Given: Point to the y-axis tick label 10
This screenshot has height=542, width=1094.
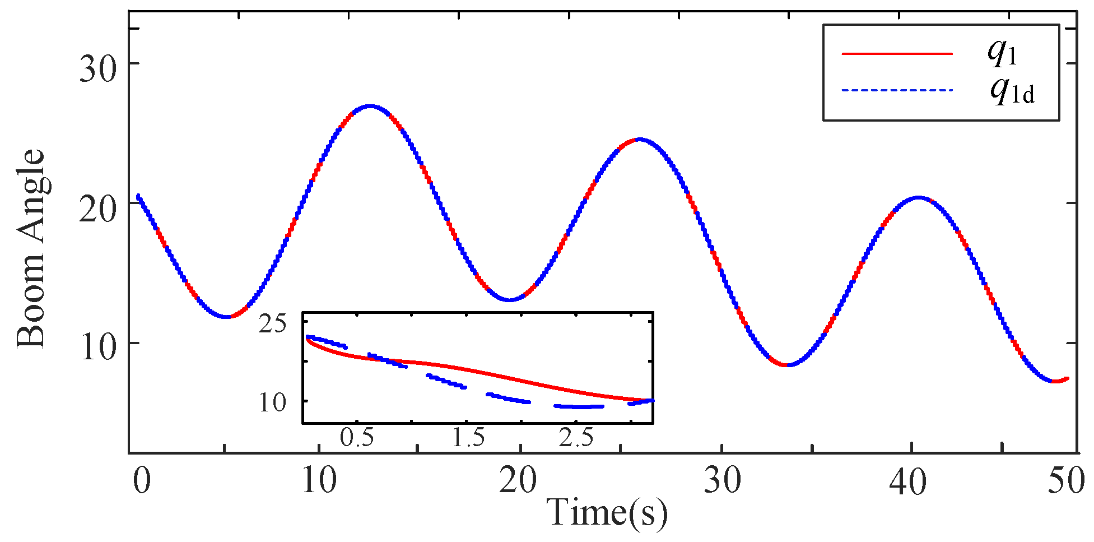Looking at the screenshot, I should pyautogui.click(x=96, y=347).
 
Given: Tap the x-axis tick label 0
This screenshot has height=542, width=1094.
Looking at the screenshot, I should pyautogui.click(x=142, y=481).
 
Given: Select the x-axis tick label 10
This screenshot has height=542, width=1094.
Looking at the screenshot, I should pyautogui.click(x=319, y=481).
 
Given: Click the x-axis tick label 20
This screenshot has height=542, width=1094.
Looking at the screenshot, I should pyautogui.click(x=518, y=481).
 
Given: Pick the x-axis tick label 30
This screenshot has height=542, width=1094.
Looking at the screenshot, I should pyautogui.click(x=722, y=481).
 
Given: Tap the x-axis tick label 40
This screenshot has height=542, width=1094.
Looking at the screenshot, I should pyautogui.click(x=908, y=481).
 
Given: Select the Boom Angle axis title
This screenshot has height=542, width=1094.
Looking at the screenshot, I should pyautogui.click(x=31, y=249).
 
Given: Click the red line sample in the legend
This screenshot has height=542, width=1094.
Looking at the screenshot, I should pyautogui.click(x=897, y=54).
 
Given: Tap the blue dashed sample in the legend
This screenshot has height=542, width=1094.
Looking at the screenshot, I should pyautogui.click(x=897, y=90).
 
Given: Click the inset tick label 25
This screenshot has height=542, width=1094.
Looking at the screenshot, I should pyautogui.click(x=273, y=325).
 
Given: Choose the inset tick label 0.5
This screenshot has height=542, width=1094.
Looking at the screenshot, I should pyautogui.click(x=357, y=438).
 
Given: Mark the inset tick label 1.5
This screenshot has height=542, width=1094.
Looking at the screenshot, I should pyautogui.click(x=468, y=438).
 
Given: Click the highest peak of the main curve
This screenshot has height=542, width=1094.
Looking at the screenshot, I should pyautogui.click(x=370, y=105).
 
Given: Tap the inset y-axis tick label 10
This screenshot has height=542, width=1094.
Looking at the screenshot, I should pyautogui.click(x=273, y=402).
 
